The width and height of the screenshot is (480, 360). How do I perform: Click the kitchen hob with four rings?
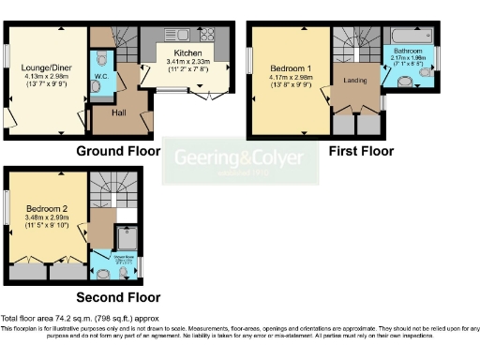pos(207,35)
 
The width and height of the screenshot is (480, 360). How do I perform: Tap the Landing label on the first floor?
pos(354,80)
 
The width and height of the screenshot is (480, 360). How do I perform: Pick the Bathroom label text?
pos(408,51)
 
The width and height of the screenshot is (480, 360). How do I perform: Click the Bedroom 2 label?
pos(44,208)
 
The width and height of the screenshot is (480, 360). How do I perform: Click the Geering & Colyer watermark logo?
pos(241,161)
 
